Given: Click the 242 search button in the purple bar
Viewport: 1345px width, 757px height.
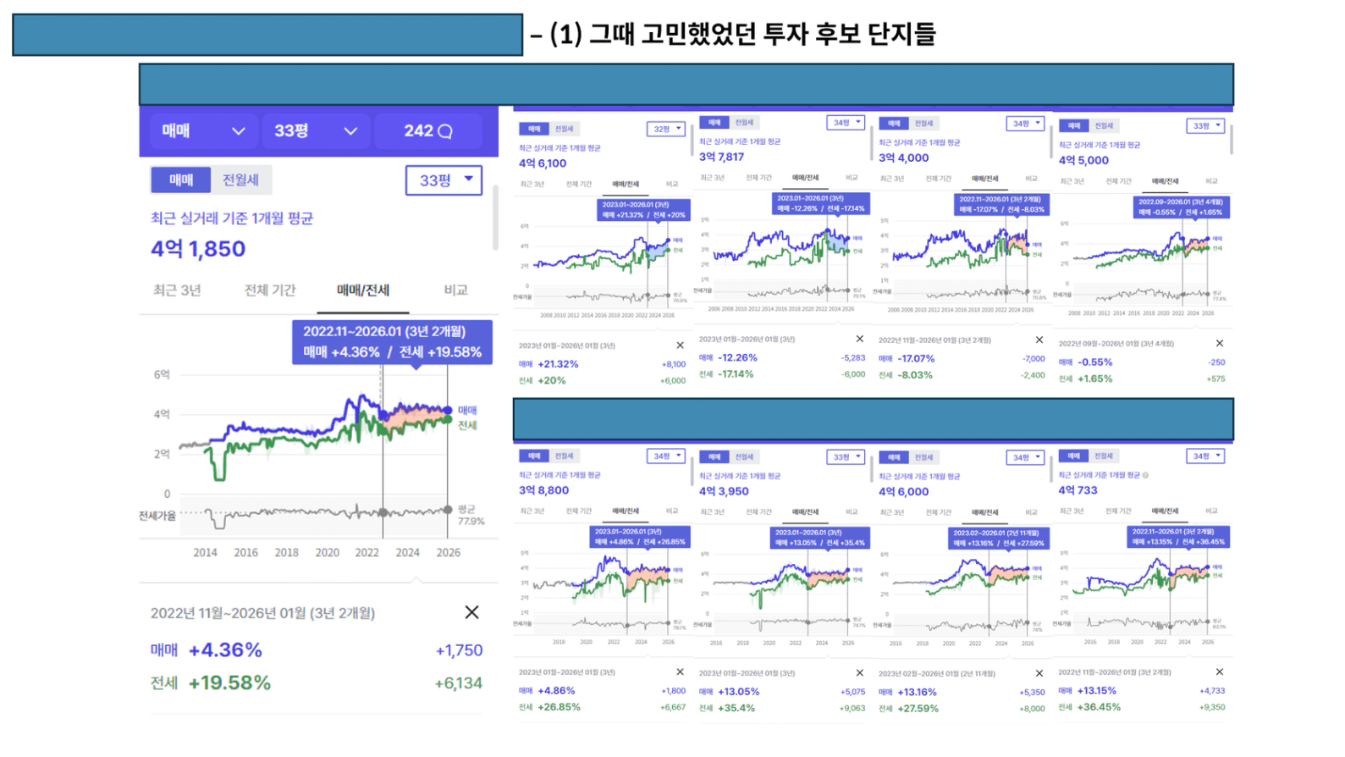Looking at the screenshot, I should pyautogui.click(x=427, y=131).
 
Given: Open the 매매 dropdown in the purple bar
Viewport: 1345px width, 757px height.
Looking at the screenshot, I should pyautogui.click(x=203, y=131).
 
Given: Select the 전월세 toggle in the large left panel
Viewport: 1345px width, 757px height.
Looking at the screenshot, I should pyautogui.click(x=240, y=180).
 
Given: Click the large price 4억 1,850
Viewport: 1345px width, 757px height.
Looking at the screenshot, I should pyautogui.click(x=198, y=249).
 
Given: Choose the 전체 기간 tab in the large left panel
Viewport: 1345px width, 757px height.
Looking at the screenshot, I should pyautogui.click(x=270, y=290).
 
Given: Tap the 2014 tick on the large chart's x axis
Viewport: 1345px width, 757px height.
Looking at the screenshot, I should pyautogui.click(x=205, y=552).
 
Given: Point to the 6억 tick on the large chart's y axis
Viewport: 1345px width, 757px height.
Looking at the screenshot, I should pyautogui.click(x=162, y=374).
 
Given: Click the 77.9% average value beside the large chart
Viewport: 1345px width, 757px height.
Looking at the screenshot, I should pyautogui.click(x=471, y=522).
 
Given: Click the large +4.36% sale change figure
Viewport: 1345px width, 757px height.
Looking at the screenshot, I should pyautogui.click(x=225, y=650).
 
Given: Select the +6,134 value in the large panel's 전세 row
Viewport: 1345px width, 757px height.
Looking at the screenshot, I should pyautogui.click(x=458, y=683).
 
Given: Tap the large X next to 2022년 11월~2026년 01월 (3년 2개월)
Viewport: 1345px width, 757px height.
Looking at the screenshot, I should pyautogui.click(x=471, y=612).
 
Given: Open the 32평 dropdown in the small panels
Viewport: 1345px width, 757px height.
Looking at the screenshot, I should pyautogui.click(x=666, y=129).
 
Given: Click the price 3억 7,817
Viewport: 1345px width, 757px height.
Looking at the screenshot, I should pyautogui.click(x=721, y=157).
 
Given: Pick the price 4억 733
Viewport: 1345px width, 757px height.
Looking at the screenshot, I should pyautogui.click(x=1078, y=490).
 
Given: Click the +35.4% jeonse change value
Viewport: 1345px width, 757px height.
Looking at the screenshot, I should pyautogui.click(x=736, y=708).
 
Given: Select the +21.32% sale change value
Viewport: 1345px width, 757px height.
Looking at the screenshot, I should pyautogui.click(x=558, y=364).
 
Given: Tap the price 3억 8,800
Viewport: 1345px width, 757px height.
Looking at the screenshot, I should pyautogui.click(x=543, y=490).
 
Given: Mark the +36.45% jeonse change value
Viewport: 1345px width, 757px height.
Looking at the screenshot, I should pyautogui.click(x=1099, y=707).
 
